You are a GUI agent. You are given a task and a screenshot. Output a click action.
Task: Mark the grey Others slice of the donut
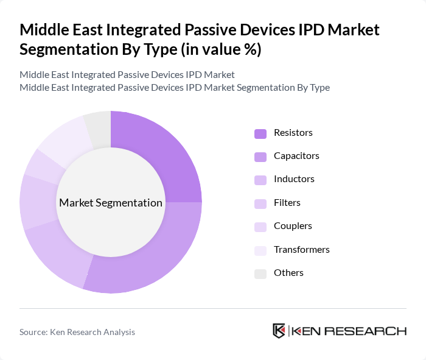[x=98, y=127]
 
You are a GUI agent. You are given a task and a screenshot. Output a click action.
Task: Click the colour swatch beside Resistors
[x=260, y=133]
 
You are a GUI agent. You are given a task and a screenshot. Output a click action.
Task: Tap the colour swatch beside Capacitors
[x=260, y=157]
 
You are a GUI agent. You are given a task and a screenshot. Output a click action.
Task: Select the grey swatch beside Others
[x=260, y=274]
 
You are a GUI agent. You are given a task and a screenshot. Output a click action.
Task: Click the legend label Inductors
[x=294, y=179]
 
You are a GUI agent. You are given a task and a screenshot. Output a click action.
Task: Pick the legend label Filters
[x=287, y=202]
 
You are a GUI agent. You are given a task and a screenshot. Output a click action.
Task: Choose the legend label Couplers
[x=293, y=225]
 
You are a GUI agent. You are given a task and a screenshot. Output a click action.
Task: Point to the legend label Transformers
[x=301, y=249]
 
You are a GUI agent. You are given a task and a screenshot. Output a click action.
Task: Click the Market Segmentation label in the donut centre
[x=110, y=203]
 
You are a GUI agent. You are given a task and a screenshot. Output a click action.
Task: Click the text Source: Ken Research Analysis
[x=77, y=332]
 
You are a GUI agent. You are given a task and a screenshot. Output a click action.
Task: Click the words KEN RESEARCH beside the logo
[x=349, y=331]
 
